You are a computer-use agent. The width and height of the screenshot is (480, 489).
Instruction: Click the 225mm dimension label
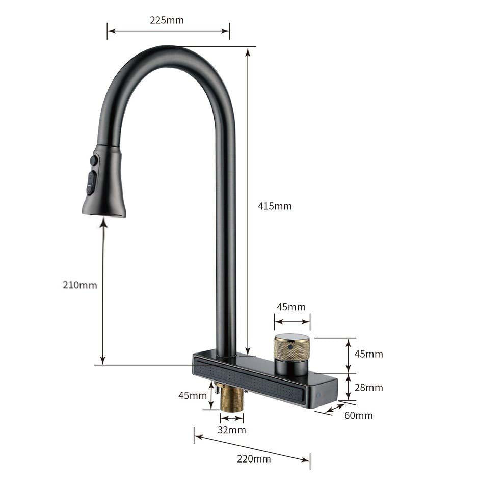(x=167, y=20)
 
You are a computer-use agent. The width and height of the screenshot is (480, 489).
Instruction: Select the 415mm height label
(x=275, y=206)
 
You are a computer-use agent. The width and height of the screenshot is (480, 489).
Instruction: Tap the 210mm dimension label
(x=79, y=285)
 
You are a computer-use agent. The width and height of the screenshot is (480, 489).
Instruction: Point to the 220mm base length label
(x=254, y=458)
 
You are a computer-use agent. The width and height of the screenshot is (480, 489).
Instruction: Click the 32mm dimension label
(x=232, y=430)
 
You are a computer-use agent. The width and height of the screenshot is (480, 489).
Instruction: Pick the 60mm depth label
(x=359, y=415)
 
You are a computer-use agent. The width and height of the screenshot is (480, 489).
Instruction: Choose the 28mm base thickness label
(x=369, y=388)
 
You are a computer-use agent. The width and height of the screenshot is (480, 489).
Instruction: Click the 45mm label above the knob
(x=291, y=307)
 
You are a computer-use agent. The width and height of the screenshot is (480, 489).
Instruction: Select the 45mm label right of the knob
(x=369, y=354)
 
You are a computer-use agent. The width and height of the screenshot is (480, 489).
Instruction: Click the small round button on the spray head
(x=94, y=160)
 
